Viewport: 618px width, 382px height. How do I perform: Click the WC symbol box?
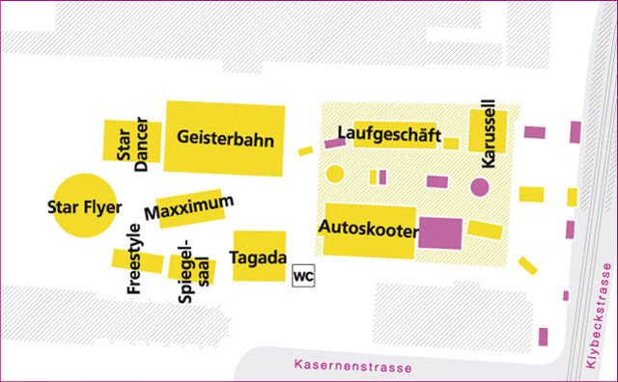[303, 274]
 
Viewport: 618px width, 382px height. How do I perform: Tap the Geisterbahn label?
[226, 139]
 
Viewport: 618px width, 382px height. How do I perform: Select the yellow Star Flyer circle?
[81, 205]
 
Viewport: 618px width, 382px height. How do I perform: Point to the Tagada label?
[259, 257]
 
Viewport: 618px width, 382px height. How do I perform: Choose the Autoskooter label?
[367, 231]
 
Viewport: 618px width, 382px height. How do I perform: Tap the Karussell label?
[488, 133]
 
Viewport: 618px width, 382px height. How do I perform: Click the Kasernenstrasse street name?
[351, 367]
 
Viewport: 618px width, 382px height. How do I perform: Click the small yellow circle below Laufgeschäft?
[335, 175]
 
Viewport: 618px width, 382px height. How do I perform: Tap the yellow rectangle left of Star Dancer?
[114, 142]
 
